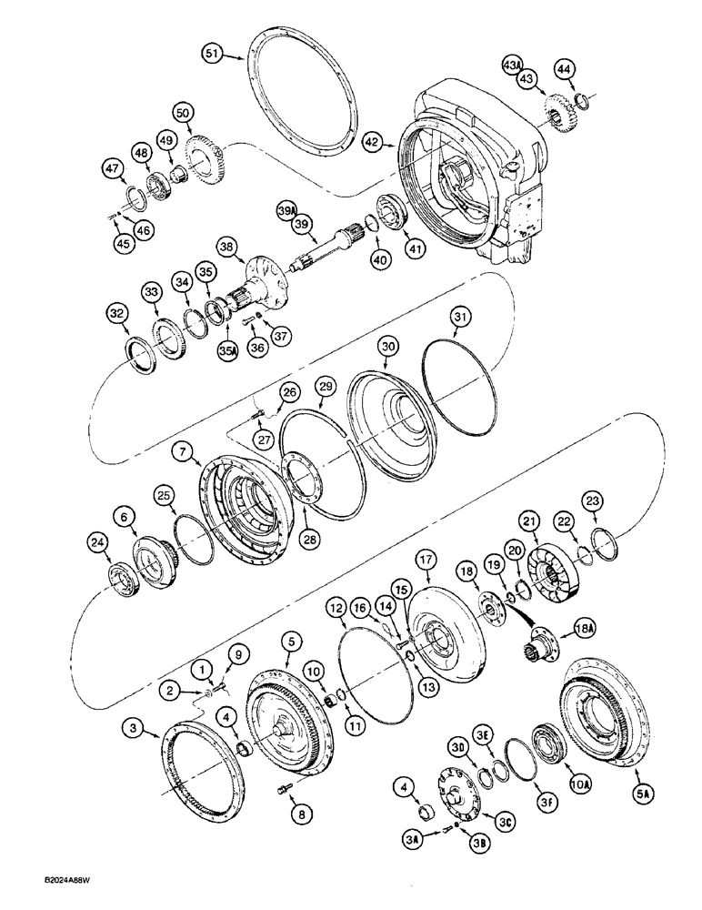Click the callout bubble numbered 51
point(213,56)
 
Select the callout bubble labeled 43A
point(513,65)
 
